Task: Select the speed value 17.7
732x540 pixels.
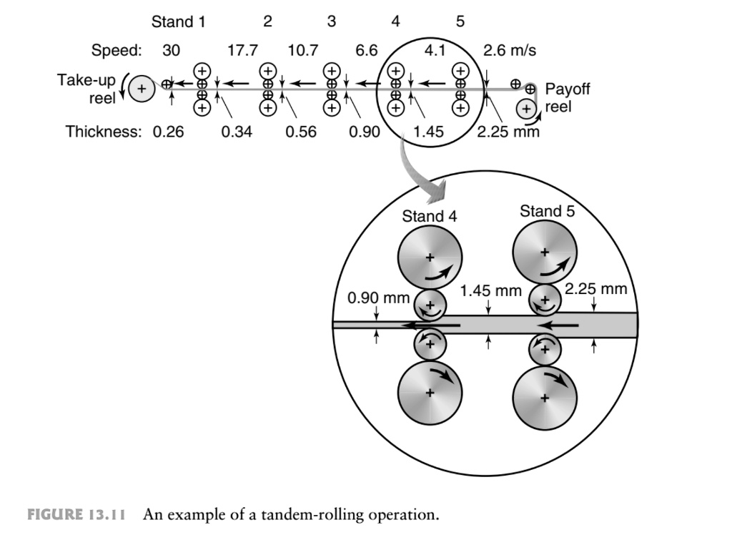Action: coord(242,51)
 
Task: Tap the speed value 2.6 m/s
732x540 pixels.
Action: coord(510,51)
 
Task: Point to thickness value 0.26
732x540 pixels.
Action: coord(168,132)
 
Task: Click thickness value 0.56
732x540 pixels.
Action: coord(301,132)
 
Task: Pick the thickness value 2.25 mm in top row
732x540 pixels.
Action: coord(508,132)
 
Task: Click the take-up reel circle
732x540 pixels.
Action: coord(142,88)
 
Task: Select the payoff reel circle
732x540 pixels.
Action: coord(527,109)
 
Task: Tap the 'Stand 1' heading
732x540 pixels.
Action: coord(178,22)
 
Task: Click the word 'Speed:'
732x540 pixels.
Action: coord(117,51)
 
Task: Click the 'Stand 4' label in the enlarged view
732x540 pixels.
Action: coord(429,216)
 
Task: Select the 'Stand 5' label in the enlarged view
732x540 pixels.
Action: coord(547,210)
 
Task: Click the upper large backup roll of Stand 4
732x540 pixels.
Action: coord(430,257)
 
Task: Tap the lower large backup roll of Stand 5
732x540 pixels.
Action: coord(545,397)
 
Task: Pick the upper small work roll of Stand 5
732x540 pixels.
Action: coord(545,300)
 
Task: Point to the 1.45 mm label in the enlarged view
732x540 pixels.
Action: coord(490,291)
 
